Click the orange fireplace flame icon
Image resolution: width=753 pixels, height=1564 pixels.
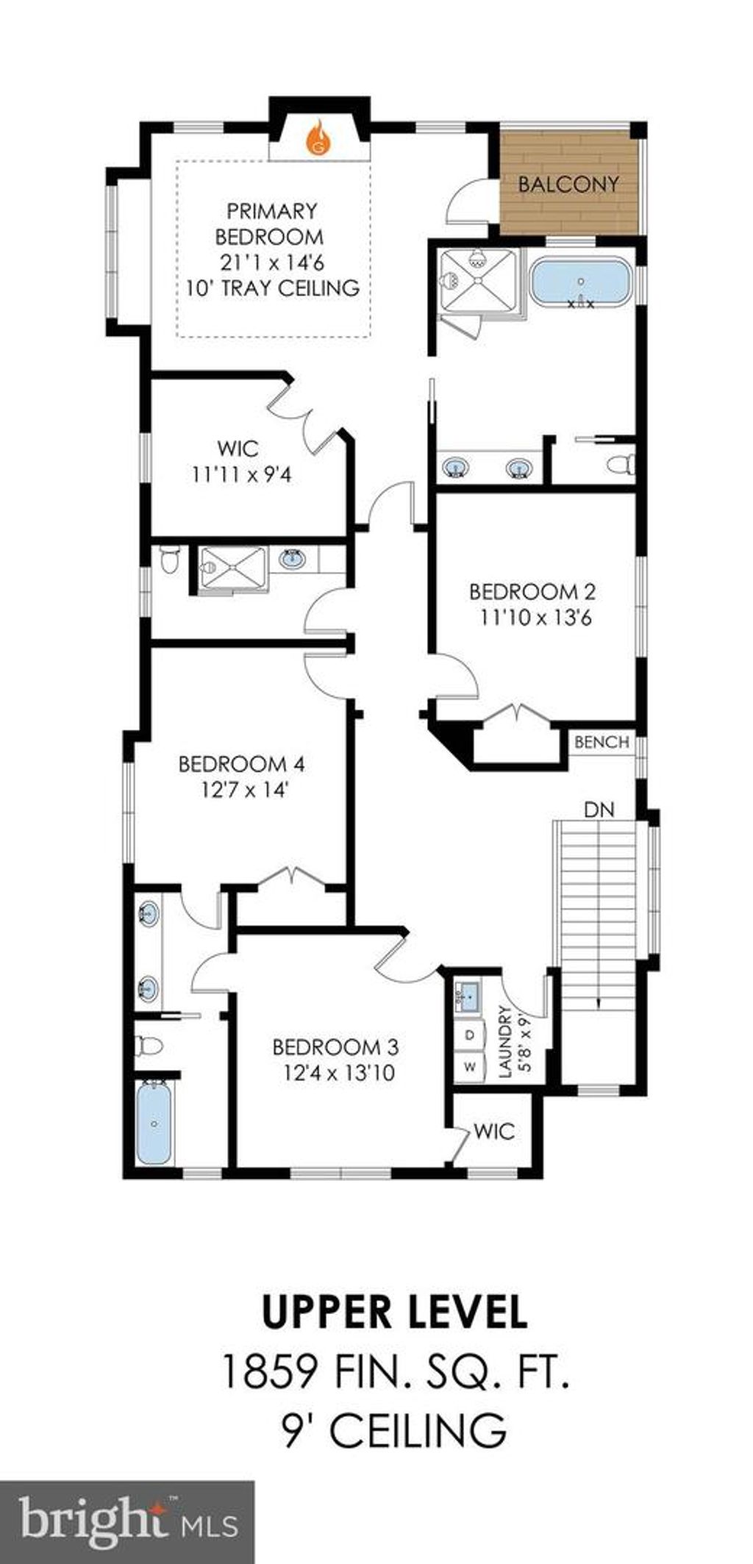tap(319, 138)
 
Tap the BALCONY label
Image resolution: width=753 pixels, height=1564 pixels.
tap(568, 184)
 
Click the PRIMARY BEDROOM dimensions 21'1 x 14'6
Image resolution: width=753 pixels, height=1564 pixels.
tap(273, 262)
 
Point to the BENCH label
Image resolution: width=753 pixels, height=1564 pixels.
tap(602, 742)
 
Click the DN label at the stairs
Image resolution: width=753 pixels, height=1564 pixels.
tap(599, 810)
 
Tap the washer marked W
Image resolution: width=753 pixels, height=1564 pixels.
tap(471, 1065)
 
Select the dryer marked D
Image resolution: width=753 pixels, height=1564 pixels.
tap(471, 1035)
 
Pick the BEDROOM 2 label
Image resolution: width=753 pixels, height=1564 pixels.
tap(532, 591)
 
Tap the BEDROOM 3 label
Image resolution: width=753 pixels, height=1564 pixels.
tap(335, 1046)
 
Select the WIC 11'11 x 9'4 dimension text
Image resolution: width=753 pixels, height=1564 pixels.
tap(242, 475)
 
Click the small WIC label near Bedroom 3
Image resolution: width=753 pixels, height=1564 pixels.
tap(494, 1131)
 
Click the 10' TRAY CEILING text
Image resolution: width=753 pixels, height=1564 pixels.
tap(273, 288)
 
